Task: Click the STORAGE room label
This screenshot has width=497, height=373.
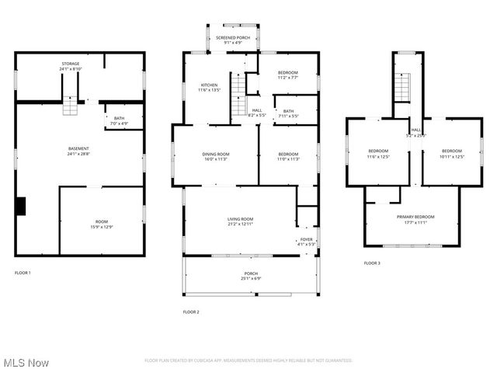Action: pyautogui.click(x=71, y=66)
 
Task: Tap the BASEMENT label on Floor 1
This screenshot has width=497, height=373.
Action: pyautogui.click(x=78, y=151)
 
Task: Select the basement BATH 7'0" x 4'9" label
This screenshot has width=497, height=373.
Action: pyautogui.click(x=119, y=120)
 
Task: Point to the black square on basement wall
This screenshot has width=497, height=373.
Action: pyautogui.click(x=21, y=206)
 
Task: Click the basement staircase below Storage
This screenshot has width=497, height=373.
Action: pyautogui.click(x=71, y=105)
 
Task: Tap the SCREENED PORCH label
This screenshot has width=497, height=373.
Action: pyautogui.click(x=232, y=40)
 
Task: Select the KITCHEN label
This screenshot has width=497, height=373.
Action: pyautogui.click(x=210, y=87)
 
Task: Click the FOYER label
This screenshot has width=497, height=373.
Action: pyautogui.click(x=307, y=241)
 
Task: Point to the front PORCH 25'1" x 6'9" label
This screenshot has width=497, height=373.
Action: pyautogui.click(x=251, y=275)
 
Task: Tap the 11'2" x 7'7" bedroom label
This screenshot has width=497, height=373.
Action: pyautogui.click(x=287, y=75)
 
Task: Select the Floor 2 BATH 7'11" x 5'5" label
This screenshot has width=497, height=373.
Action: pyautogui.click(x=288, y=113)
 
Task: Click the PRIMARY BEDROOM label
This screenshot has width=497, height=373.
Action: pyautogui.click(x=415, y=219)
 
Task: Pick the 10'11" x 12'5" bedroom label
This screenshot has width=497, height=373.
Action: pyautogui.click(x=451, y=153)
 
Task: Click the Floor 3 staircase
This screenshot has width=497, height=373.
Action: pyautogui.click(x=402, y=85)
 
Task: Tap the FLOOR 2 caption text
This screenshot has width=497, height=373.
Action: pyautogui.click(x=191, y=312)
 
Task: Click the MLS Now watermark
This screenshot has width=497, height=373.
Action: pyautogui.click(x=26, y=363)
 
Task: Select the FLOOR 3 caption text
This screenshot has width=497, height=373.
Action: pyautogui.click(x=372, y=263)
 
